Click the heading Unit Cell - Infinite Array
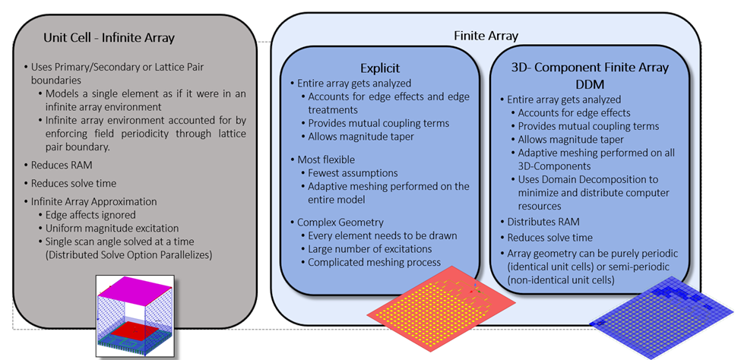(x=109, y=36)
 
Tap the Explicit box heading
(x=380, y=68)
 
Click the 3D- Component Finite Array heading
(x=591, y=67)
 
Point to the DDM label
(x=591, y=83)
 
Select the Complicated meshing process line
(x=374, y=263)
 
